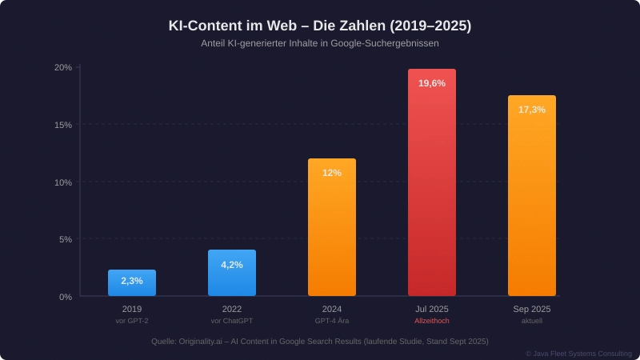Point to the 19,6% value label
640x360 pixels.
point(432,83)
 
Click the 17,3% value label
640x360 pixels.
point(532,110)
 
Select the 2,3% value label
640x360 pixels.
point(132,281)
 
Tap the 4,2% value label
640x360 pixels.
point(232,265)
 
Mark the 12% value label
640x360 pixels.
point(332,173)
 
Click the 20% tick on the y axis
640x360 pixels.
point(63,67)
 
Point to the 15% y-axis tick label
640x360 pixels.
point(63,125)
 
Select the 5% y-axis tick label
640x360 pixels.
point(66,239)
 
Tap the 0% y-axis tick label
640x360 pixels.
point(66,297)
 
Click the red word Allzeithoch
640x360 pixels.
point(432,321)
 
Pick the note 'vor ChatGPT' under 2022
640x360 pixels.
point(232,321)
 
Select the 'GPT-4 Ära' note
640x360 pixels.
point(332,321)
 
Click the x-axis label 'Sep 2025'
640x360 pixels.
point(532,309)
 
